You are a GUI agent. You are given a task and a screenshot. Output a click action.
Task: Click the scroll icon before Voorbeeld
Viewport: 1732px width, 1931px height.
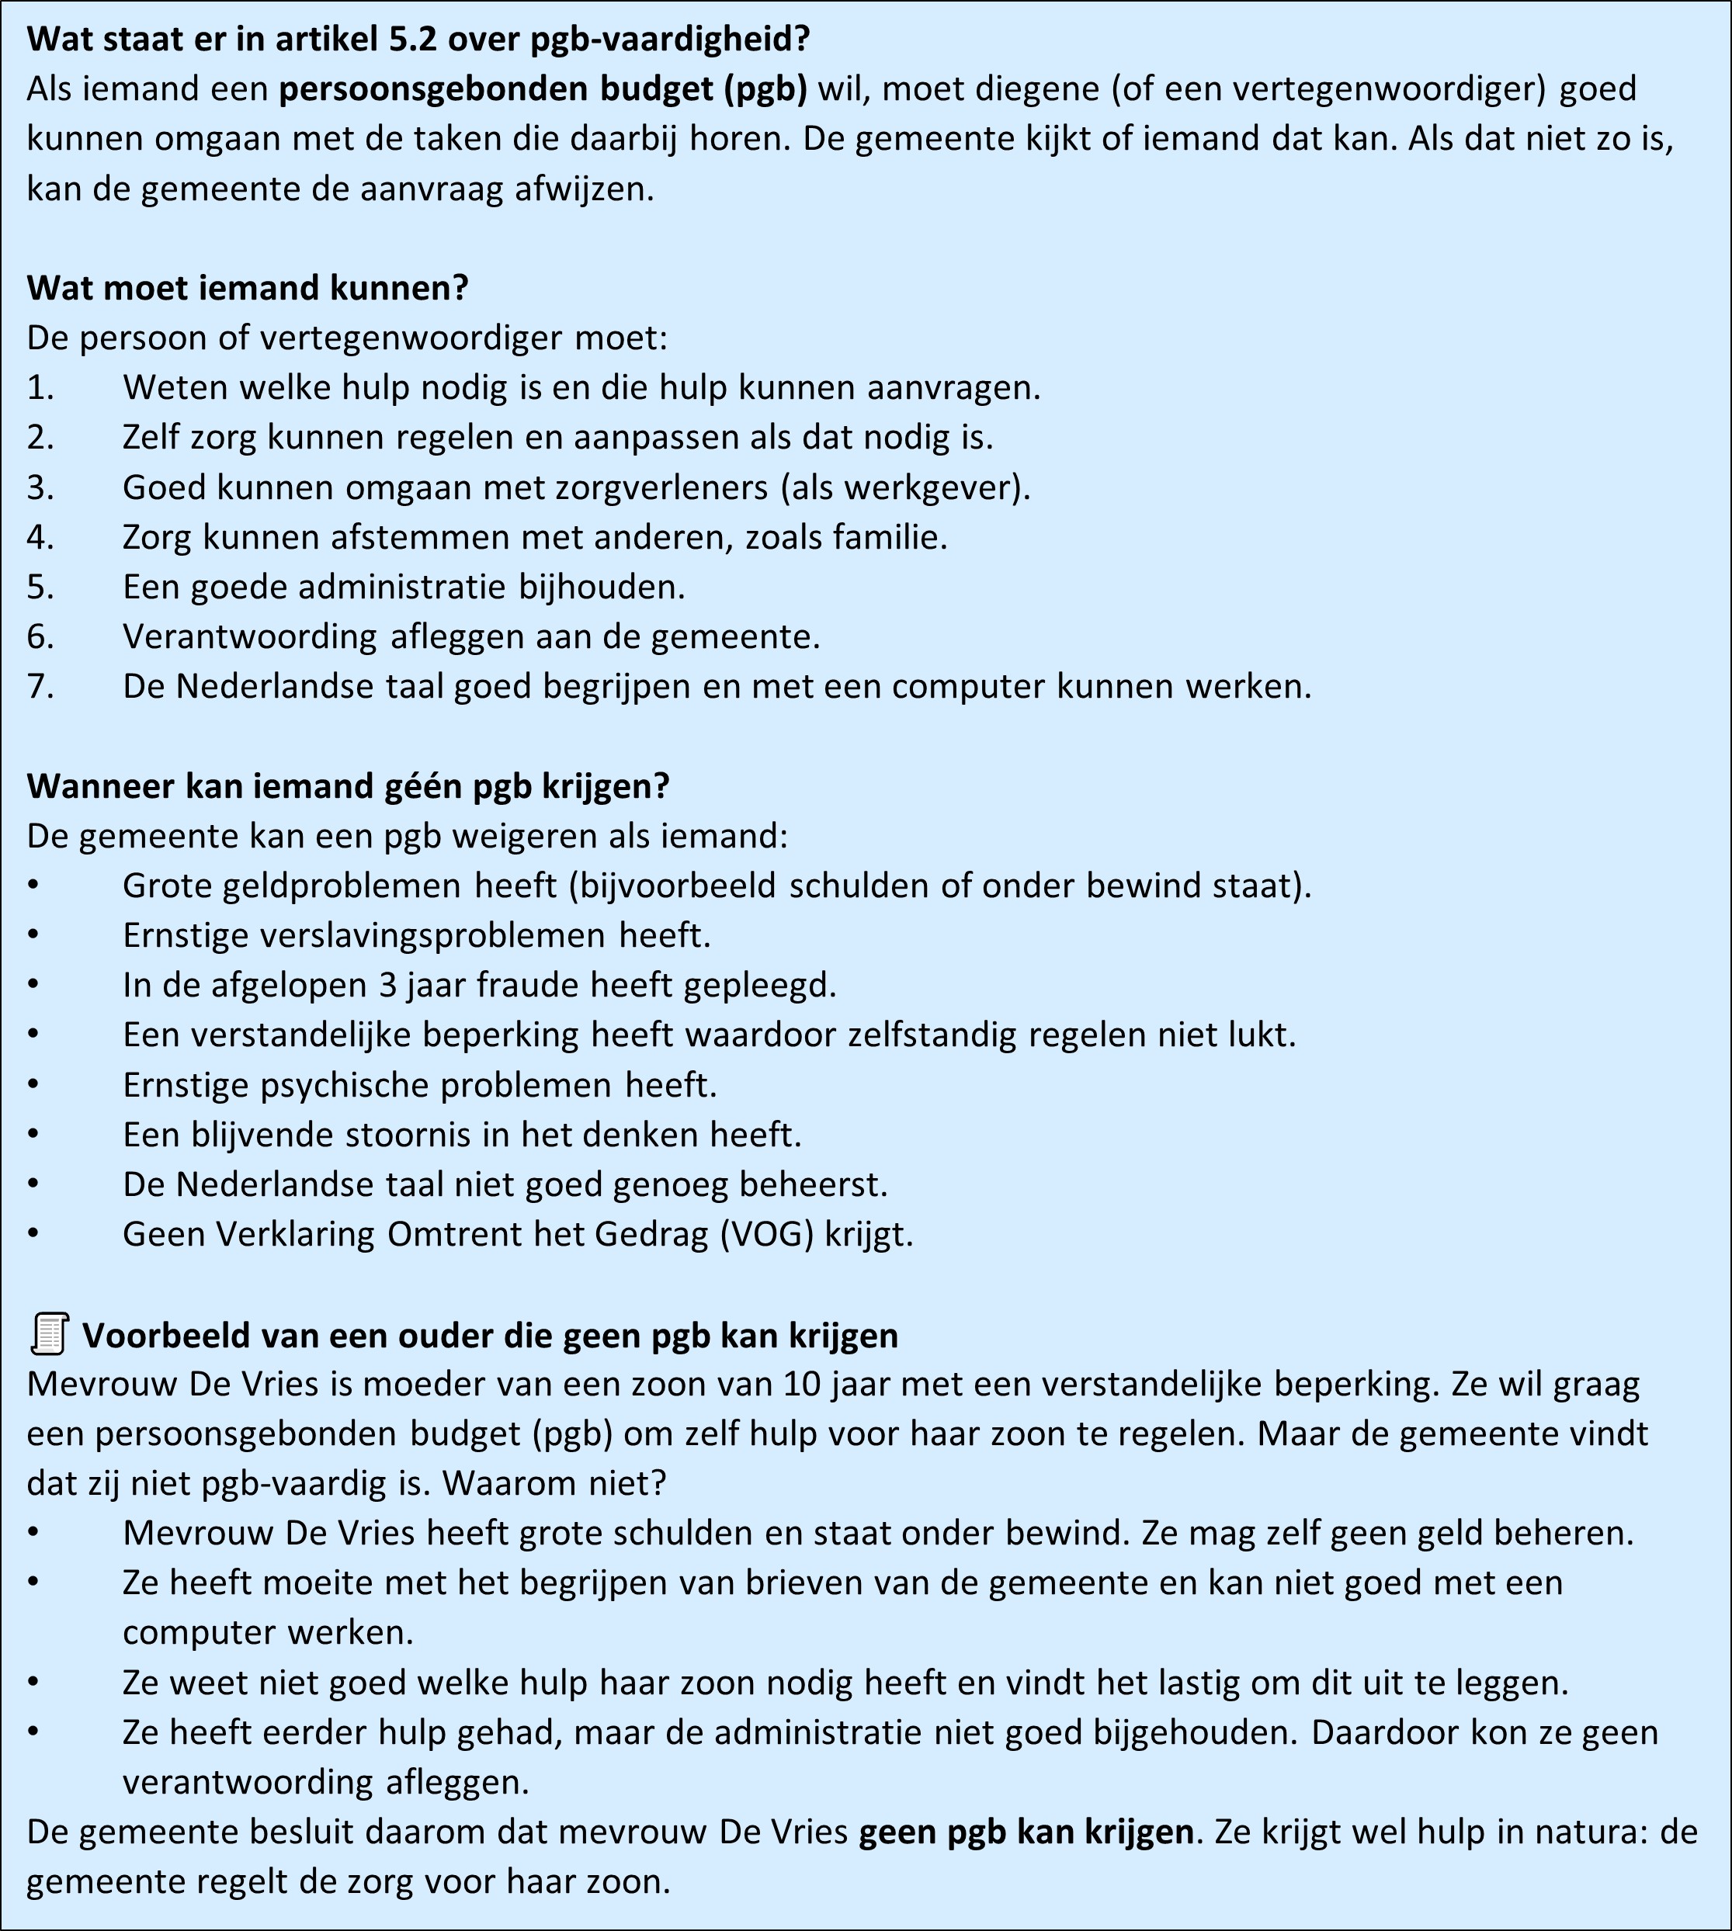pos(50,1333)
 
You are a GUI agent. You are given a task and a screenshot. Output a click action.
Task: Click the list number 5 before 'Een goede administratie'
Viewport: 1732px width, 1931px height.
pos(40,587)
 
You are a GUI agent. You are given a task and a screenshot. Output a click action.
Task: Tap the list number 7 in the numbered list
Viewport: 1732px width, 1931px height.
pos(40,686)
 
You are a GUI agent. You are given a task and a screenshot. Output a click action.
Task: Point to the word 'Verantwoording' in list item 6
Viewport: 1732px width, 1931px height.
pos(249,636)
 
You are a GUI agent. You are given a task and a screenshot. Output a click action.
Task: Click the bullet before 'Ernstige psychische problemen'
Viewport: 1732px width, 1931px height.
pos(33,1084)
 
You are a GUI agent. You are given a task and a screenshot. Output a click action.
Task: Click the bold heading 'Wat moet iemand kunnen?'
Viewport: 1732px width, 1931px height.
pos(248,287)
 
